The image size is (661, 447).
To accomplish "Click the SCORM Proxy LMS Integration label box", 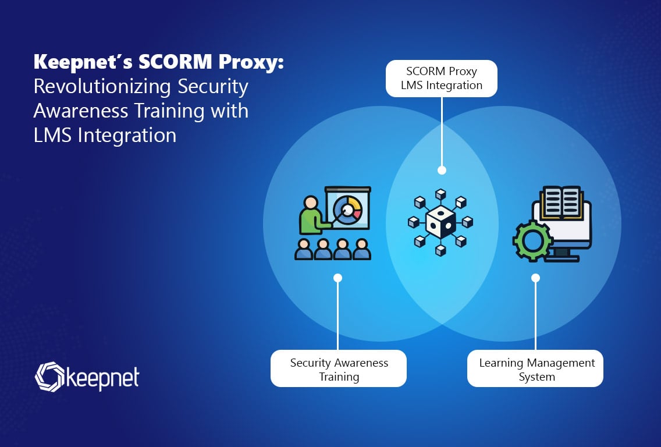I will pos(442,79).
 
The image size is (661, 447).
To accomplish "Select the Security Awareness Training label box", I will pos(339,369).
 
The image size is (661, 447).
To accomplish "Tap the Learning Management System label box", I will pos(535,369).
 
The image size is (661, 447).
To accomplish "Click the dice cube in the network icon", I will pos(440,222).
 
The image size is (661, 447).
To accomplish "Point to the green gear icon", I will pos(530,240).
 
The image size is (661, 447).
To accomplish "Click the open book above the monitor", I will pos(561,201).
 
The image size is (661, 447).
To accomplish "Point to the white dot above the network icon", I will pos(442,171).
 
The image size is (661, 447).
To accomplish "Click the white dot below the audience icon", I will pos(337,278).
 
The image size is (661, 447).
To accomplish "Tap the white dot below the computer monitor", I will pos(535,278).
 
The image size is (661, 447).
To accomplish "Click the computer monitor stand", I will pos(562,254).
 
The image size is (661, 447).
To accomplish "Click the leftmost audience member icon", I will pos(304,249).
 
